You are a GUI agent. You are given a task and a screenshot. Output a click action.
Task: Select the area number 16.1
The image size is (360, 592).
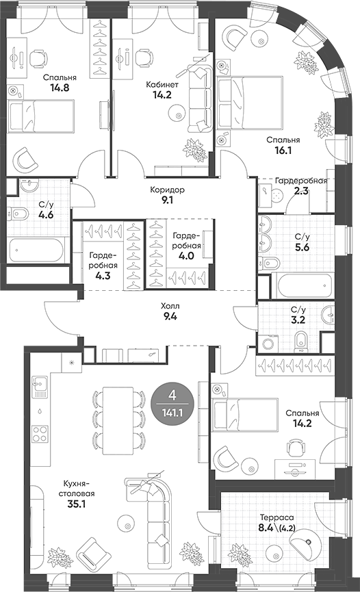pos(283,151)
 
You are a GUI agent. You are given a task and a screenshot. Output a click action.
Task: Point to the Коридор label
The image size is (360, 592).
pos(168,190)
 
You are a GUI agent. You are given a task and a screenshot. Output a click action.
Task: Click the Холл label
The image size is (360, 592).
pos(170,306)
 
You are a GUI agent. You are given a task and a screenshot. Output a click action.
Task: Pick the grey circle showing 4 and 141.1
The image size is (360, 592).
pos(172,403)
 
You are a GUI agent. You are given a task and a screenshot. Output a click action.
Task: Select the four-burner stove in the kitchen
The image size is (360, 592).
pos(40,433)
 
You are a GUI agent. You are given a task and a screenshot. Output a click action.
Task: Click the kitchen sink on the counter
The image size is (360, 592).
pos(40,387)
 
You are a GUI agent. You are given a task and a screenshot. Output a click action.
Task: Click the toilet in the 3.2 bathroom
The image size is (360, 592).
pos(300,341)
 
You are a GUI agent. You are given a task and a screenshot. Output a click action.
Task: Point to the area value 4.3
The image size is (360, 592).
pos(103,275)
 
